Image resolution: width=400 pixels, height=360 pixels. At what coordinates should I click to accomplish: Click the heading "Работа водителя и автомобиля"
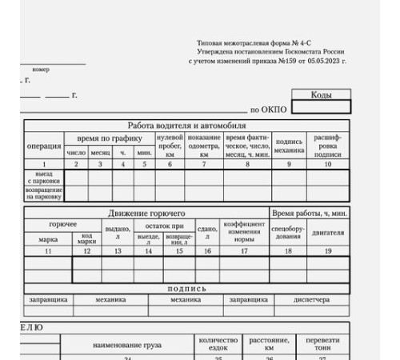coord(187,126)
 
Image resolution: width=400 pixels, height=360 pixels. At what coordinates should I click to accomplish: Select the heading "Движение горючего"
coord(146,213)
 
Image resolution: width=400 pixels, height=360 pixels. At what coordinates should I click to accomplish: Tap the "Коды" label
coord(321,95)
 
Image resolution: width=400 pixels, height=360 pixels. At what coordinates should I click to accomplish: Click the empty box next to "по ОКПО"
coord(321,107)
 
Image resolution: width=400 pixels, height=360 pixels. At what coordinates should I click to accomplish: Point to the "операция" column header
coord(44,146)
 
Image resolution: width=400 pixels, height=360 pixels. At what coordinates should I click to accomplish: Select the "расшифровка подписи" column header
coord(328,146)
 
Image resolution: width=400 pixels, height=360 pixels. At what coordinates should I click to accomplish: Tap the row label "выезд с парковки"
coord(44,176)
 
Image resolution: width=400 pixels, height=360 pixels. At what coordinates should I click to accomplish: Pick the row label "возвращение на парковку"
coord(44,192)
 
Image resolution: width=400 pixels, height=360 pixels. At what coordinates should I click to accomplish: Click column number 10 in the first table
coord(328,163)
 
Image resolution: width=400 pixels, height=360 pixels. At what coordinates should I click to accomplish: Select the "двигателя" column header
coord(328,233)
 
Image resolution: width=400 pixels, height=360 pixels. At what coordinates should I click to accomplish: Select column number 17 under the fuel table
coord(238,250)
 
